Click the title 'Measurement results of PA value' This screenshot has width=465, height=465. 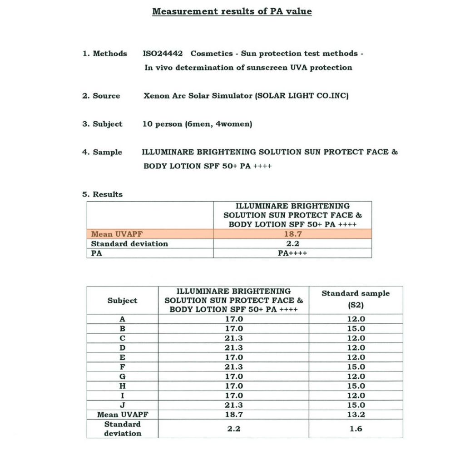(x=232, y=11)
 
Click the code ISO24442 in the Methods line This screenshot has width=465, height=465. (x=163, y=54)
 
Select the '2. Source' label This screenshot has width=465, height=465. (x=101, y=96)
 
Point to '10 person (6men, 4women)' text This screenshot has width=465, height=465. (x=197, y=124)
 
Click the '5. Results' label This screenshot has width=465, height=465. (x=102, y=194)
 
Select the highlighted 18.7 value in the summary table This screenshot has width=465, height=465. (x=292, y=234)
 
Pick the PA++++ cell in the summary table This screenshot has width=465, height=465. (x=292, y=253)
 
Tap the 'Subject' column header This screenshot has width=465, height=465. (x=122, y=300)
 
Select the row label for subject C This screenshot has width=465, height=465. (x=122, y=338)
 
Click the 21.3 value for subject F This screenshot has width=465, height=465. (x=234, y=366)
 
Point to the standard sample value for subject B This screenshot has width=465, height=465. (x=356, y=328)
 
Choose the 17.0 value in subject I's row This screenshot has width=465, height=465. (x=234, y=396)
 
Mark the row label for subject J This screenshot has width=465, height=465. (x=122, y=405)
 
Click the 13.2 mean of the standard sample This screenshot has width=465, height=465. (x=356, y=415)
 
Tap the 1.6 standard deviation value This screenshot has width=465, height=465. (x=356, y=428)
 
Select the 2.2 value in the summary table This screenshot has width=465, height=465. (x=292, y=243)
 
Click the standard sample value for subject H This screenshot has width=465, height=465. (x=356, y=386)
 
